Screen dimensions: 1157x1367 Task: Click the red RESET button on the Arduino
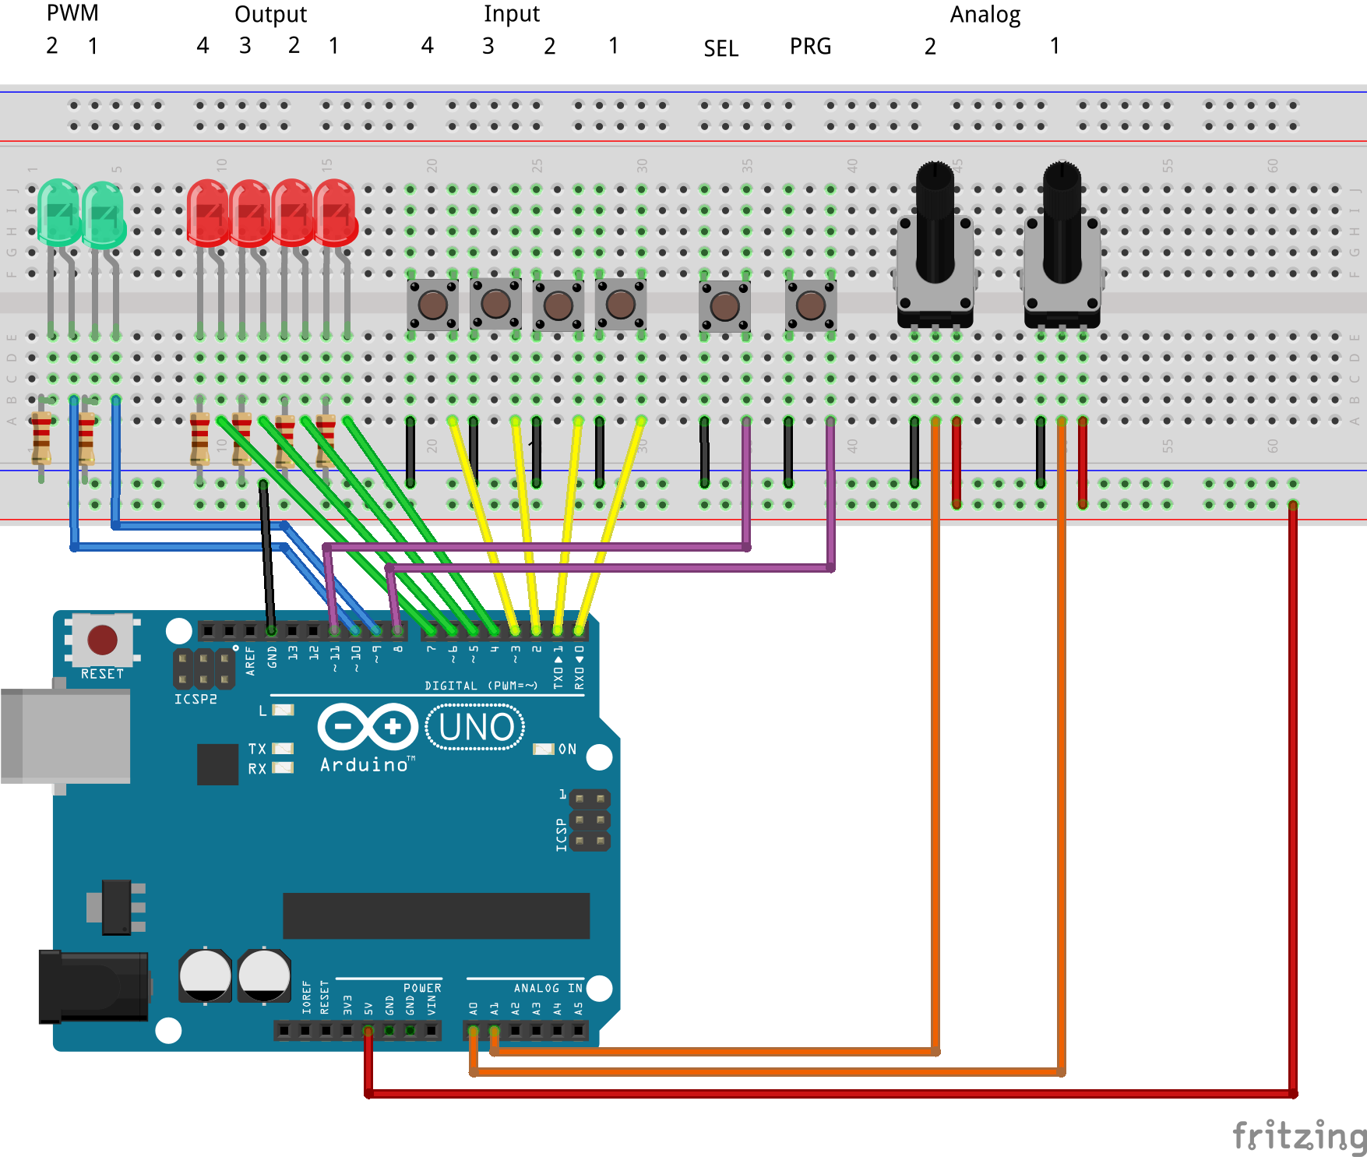[102, 640]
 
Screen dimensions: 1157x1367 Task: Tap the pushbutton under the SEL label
[724, 306]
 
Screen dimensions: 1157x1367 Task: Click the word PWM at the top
[72, 13]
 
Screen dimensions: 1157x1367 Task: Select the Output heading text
[270, 15]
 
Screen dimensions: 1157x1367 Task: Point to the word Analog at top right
[985, 15]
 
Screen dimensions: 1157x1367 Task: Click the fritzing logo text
[1298, 1135]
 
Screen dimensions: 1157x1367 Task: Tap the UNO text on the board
[476, 727]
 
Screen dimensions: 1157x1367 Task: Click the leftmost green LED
[58, 212]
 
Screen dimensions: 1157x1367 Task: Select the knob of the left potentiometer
[935, 222]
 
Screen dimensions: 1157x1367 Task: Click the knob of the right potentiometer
[1062, 222]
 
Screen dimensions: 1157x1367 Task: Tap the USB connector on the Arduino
[65, 735]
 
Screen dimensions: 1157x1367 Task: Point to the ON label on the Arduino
[567, 749]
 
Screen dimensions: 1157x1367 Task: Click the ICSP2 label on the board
[196, 699]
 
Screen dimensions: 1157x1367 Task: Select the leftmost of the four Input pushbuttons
[432, 305]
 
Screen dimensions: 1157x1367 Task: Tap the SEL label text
[720, 48]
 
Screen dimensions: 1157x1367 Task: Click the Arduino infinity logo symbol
[368, 727]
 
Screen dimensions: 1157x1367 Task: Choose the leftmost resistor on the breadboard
[41, 438]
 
